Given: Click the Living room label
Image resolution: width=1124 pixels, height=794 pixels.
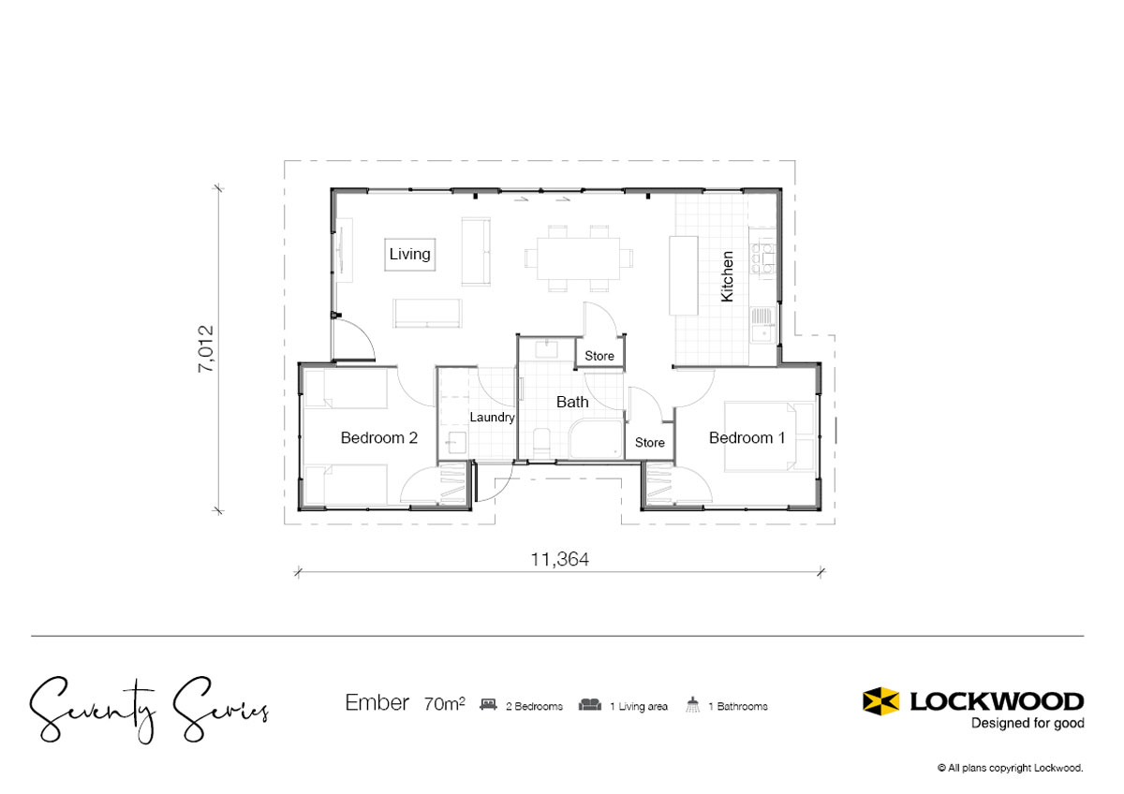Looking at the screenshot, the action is [409, 254].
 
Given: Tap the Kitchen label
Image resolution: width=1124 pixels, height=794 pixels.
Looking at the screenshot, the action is [727, 276].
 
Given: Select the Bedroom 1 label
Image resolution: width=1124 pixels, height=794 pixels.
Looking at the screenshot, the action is [747, 438].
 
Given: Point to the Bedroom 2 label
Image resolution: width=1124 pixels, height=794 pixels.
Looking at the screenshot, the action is [378, 438].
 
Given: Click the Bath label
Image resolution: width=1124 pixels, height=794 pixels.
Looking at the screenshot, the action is [572, 402].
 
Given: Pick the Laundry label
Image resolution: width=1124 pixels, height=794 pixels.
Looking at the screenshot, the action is [492, 418].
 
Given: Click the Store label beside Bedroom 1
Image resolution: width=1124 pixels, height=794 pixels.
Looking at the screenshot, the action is [649, 442].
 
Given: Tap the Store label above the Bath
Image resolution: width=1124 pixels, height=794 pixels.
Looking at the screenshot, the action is [599, 356].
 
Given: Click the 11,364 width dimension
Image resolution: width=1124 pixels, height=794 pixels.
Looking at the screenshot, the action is [559, 559].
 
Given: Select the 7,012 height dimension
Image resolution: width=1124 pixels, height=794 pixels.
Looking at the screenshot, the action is [206, 348].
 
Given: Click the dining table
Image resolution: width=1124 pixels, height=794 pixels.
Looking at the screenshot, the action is [578, 258].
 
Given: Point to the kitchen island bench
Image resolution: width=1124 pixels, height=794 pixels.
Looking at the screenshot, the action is [684, 275].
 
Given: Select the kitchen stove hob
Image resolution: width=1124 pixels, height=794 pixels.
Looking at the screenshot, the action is [762, 258].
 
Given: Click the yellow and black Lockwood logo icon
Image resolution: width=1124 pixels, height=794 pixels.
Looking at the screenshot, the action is [880, 700].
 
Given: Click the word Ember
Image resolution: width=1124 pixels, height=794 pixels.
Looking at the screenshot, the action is [377, 703].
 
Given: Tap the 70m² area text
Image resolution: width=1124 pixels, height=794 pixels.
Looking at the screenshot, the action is [444, 704].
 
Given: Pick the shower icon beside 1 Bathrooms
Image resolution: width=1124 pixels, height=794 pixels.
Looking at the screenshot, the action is [692, 704].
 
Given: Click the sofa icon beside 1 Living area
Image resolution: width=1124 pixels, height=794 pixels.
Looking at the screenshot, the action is [589, 705].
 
